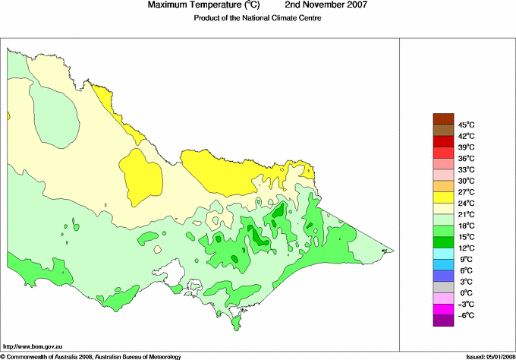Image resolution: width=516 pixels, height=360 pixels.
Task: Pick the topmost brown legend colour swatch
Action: pyautogui.click(x=443, y=118)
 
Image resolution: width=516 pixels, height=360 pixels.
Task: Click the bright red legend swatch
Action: pyautogui.click(x=443, y=141)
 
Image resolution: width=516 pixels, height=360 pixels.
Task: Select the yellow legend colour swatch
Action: pyautogui.click(x=443, y=197)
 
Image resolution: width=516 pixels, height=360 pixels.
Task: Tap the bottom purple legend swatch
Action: pyautogui.click(x=443, y=321)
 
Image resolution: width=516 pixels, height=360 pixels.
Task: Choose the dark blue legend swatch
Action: pyautogui.click(x=443, y=276)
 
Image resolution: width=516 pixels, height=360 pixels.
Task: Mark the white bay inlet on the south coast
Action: pyautogui.click(x=176, y=270)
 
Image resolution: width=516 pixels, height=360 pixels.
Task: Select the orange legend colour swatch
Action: pyautogui.click(x=443, y=186)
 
